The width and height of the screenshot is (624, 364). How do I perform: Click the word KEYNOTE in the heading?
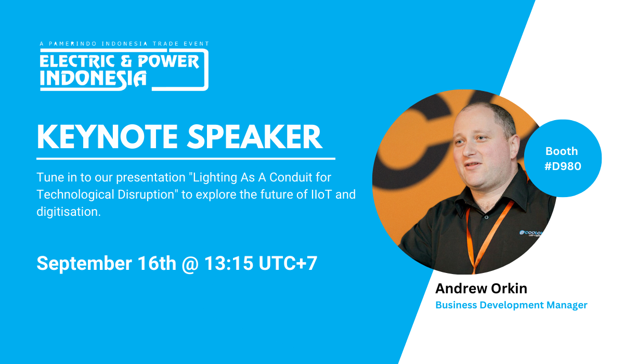click(x=108, y=137)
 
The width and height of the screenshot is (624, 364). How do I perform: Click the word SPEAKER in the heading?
click(x=255, y=137)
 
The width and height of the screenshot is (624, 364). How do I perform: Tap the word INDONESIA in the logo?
click(x=93, y=79)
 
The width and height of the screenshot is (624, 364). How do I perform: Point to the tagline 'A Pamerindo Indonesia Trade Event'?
click(x=124, y=44)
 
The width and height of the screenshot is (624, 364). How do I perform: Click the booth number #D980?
click(x=563, y=166)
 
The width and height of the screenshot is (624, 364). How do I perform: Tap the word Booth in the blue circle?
click(x=562, y=151)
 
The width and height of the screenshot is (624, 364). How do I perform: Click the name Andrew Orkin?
click(x=481, y=288)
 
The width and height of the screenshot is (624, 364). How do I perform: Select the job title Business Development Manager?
click(x=511, y=305)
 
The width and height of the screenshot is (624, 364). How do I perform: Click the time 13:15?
click(x=229, y=263)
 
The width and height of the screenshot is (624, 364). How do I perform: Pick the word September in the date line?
click(x=84, y=264)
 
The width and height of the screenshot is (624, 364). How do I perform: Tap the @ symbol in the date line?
click(x=190, y=264)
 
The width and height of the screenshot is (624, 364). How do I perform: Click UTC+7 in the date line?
click(x=288, y=263)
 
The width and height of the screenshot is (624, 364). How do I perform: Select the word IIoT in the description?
click(x=321, y=194)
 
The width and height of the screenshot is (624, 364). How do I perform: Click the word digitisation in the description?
click(x=69, y=212)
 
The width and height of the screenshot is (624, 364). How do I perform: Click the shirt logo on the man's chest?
click(x=531, y=233)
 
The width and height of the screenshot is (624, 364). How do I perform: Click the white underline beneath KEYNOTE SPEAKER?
click(x=186, y=159)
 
